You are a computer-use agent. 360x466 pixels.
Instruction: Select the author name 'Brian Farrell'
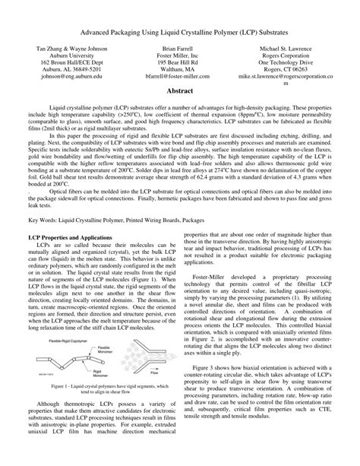pos(180,47)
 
